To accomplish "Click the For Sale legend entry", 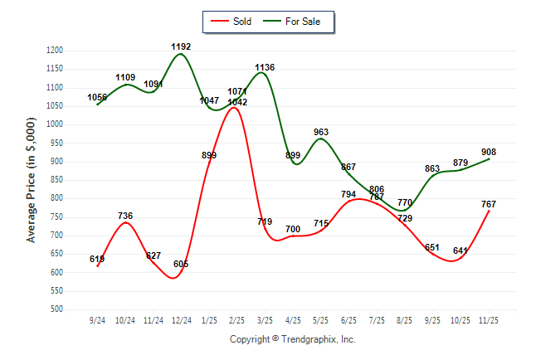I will (296, 22).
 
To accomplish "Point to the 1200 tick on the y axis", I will (54, 51).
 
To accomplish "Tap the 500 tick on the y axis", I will (56, 309).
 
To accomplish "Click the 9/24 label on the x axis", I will (97, 320).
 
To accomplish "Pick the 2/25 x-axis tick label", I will (236, 320).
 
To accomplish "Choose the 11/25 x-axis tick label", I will (488, 320).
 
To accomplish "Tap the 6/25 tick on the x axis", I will (348, 320).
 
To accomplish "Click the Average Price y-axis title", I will (32, 179).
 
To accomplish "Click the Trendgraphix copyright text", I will (292, 339).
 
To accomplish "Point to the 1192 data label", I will (181, 46).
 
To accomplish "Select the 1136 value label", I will (265, 67).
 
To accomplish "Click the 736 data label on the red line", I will (125, 216).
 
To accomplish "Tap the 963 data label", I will (321, 132).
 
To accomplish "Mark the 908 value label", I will (489, 152).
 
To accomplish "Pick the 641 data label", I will (460, 251).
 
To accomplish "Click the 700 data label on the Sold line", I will (293, 229).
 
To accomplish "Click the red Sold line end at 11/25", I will (489, 211).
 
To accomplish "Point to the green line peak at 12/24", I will (181, 54).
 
